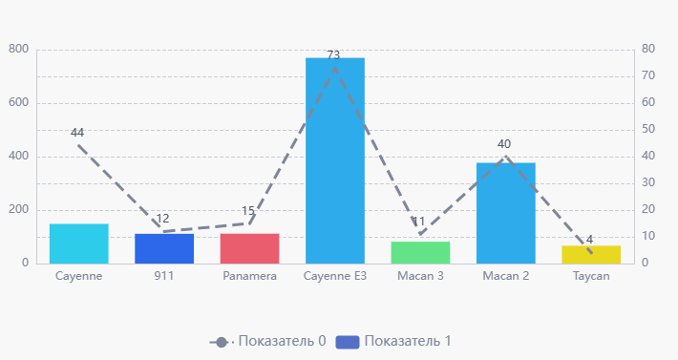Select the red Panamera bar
249,248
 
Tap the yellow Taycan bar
591,254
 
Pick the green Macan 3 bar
420,252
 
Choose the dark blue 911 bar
164,248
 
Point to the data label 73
333,55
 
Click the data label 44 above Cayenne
77,133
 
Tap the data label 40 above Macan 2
504,144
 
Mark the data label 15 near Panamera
248,211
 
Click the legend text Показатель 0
282,341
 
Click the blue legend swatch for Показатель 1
348,341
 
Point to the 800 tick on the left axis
19,49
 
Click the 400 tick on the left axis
19,156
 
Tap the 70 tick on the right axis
647,75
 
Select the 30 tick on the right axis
647,182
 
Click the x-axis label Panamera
249,276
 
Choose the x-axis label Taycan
591,276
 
